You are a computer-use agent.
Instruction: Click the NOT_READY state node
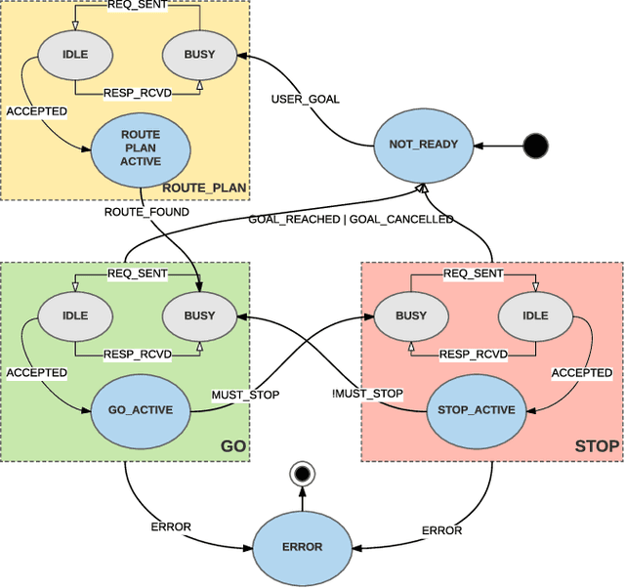pyautogui.click(x=422, y=146)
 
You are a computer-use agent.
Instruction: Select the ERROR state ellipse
pyautogui.click(x=302, y=548)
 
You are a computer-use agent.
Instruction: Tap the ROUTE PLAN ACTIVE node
pyautogui.click(x=140, y=147)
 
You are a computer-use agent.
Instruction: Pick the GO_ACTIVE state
pyautogui.click(x=140, y=410)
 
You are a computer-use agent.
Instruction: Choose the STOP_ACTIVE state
pyautogui.click(x=471, y=410)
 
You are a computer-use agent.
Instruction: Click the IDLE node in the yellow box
pyautogui.click(x=75, y=54)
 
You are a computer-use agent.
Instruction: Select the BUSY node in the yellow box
pyautogui.click(x=199, y=54)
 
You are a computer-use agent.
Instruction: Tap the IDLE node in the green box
pyautogui.click(x=75, y=315)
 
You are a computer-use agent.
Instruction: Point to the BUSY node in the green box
pyautogui.click(x=199, y=315)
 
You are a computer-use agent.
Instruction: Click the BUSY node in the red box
pyautogui.click(x=410, y=315)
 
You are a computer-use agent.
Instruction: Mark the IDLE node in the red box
pyautogui.click(x=535, y=315)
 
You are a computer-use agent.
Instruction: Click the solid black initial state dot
pyautogui.click(x=535, y=147)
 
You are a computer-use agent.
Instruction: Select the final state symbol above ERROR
pyautogui.click(x=302, y=475)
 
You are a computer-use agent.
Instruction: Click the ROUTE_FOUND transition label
pyautogui.click(x=146, y=211)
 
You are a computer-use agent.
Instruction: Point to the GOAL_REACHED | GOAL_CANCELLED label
pyautogui.click(x=351, y=219)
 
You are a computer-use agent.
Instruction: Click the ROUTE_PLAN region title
pyautogui.click(x=204, y=188)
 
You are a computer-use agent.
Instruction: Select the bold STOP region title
pyautogui.click(x=597, y=446)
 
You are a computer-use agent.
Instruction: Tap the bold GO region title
pyautogui.click(x=232, y=446)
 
